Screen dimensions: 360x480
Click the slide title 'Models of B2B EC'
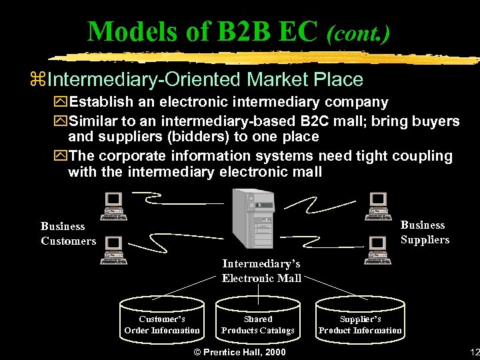click(x=203, y=31)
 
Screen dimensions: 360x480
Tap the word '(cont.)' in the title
click(x=358, y=32)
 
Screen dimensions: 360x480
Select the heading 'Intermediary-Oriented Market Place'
click(x=206, y=80)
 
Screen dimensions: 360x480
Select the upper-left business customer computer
click(x=113, y=206)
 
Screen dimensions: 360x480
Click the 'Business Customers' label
click(x=68, y=233)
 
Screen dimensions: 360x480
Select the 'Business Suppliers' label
click(x=425, y=232)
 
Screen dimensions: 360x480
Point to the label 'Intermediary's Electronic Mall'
click(x=261, y=271)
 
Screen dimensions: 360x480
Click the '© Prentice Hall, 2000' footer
click(x=239, y=352)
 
